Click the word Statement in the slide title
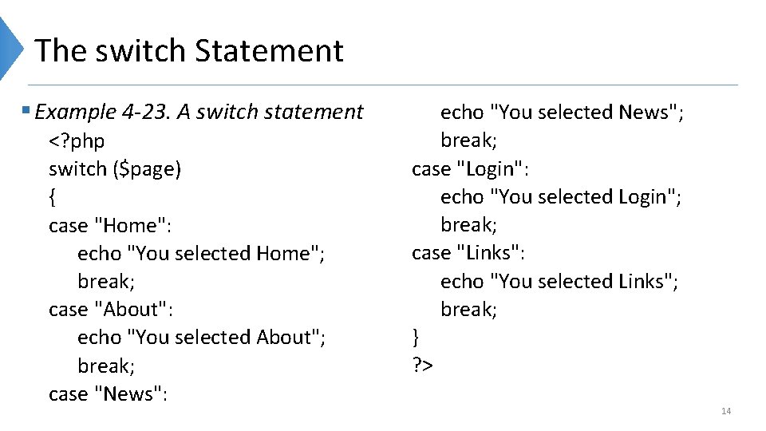tap(269, 51)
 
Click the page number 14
tap(726, 411)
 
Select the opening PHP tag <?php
tap(77, 141)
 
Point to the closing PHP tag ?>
tap(422, 366)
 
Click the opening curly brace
tap(52, 197)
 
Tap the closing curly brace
tap(415, 337)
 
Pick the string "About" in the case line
tap(133, 310)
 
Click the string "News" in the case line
tap(130, 394)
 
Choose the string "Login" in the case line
tap(495, 169)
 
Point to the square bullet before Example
tap(27, 111)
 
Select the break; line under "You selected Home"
tap(106, 282)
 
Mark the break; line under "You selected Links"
tap(469, 310)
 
